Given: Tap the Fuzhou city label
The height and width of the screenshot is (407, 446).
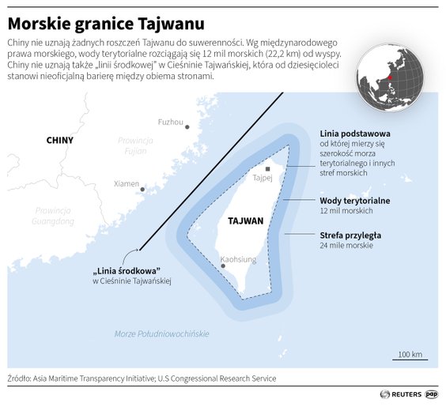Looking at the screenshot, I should coord(170,122).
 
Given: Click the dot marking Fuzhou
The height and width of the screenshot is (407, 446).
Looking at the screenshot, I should coord(187,126).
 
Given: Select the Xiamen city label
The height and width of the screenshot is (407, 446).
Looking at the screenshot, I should coord(127,183).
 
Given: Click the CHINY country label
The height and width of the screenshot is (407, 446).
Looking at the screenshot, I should coord(59,140).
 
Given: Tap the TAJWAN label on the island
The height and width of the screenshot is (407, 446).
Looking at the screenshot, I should coord(244,221).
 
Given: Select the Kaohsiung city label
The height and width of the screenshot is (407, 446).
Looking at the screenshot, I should coord(238,258).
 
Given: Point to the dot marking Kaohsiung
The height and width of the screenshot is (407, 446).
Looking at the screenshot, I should coord(225,266).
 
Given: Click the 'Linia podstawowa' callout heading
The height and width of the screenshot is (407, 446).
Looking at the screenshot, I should coord(354,134).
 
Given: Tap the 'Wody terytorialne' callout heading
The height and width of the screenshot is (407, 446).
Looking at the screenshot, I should coord(354,201).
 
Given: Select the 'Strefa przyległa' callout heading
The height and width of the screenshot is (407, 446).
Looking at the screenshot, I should coord(351,235).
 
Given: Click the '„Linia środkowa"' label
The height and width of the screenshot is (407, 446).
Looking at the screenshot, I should coord(123,269).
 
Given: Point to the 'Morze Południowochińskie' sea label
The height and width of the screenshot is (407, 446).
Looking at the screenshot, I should coord(161,334).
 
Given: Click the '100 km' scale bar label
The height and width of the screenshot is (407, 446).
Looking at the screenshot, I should coord(410,353).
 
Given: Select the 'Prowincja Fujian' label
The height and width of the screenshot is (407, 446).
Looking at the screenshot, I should coord(134,145).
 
